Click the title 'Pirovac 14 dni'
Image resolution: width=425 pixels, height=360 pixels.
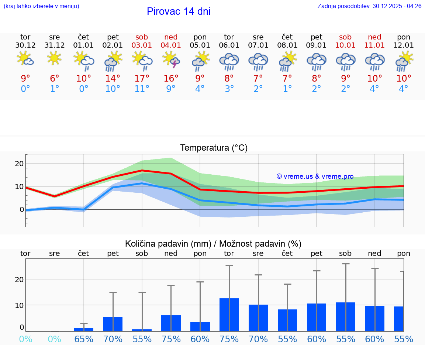[x=179, y=11]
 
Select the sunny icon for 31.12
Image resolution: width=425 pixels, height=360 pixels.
[x=54, y=58]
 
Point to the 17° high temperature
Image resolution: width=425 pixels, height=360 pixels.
[x=142, y=79]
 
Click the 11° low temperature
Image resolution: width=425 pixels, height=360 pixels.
[x=142, y=89]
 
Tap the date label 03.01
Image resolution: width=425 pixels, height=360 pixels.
[x=142, y=45]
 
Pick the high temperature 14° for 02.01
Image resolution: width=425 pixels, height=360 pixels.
[x=113, y=79]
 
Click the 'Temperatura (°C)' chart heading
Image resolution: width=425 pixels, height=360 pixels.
[x=214, y=148]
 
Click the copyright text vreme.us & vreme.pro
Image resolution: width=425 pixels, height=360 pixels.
[x=315, y=176]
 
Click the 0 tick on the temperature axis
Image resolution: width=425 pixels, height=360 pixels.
[x=22, y=209]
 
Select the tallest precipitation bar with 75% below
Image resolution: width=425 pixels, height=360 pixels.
[x=229, y=315]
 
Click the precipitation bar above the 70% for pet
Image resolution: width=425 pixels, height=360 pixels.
[x=113, y=324]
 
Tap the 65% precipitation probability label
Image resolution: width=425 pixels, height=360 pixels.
[x=84, y=339]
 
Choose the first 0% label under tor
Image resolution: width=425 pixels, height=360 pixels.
[x=25, y=339]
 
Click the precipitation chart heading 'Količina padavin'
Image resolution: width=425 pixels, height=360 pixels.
[x=213, y=244]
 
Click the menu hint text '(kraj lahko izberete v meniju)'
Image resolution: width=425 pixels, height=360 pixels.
[x=41, y=6]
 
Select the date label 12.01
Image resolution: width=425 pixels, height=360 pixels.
[x=404, y=45]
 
